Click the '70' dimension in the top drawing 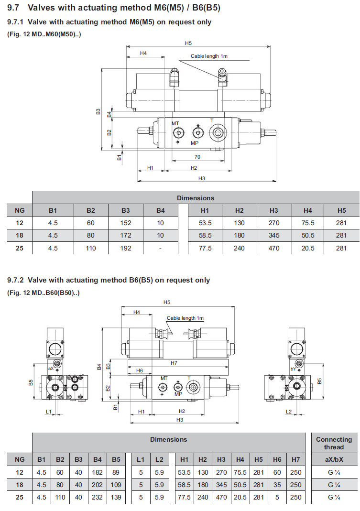197,156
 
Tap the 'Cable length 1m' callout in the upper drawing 209,56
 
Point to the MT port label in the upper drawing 175,123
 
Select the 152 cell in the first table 126,223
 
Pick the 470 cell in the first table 274,248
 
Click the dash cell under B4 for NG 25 160,248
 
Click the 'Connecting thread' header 334,443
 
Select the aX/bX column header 334,459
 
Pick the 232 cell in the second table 98,497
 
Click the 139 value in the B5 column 116,497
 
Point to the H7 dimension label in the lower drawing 174,363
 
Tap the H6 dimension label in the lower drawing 140,370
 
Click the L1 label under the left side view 48,411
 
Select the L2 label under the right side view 288,411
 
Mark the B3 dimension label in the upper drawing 98,111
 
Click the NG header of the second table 20,459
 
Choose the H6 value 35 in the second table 277,485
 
